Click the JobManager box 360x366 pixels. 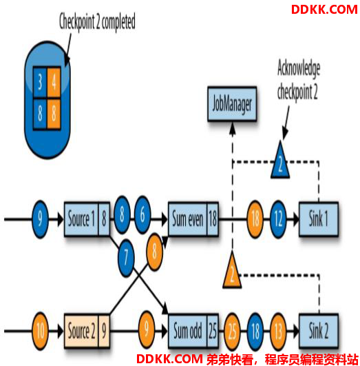(x=232, y=104)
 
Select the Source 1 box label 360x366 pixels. (x=81, y=219)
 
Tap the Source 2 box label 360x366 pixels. (x=81, y=331)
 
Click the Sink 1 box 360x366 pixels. (x=319, y=219)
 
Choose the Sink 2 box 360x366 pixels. (x=319, y=331)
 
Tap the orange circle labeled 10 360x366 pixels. (x=40, y=331)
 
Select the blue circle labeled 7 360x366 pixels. (x=126, y=258)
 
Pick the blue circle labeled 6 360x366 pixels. (x=142, y=215)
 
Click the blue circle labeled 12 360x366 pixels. (x=278, y=219)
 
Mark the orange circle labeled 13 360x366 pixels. (x=278, y=332)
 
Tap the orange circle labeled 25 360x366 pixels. (x=232, y=332)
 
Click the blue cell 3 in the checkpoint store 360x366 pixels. (x=40, y=82)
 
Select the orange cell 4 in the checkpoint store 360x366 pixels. (x=54, y=82)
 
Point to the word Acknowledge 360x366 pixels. (x=299, y=68)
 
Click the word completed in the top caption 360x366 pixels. (x=118, y=22)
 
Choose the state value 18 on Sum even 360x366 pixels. (x=213, y=219)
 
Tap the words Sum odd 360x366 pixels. (x=188, y=331)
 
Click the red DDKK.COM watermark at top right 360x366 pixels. (x=324, y=10)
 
